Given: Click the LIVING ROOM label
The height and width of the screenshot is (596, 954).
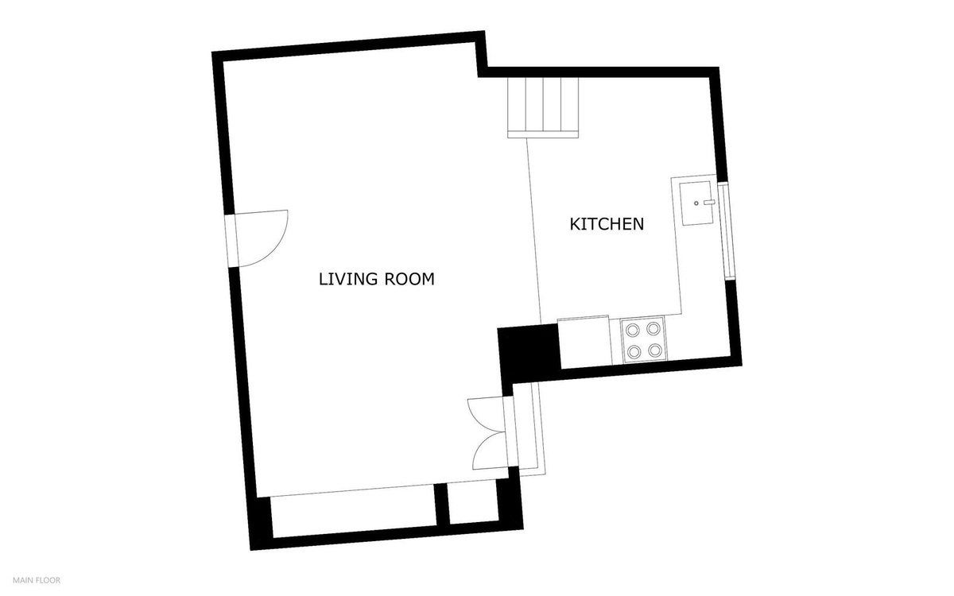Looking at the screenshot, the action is (x=377, y=279).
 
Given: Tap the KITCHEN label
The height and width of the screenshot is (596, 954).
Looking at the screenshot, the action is (x=607, y=224).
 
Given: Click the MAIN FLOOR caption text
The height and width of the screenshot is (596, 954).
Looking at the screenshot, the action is (x=37, y=580).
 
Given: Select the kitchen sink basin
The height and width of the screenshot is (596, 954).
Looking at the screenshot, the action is (x=696, y=203).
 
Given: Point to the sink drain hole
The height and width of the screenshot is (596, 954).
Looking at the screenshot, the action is (x=696, y=203).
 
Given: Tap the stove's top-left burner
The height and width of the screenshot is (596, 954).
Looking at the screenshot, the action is (x=633, y=330).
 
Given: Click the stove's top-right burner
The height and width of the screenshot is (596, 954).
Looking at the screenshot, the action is (x=653, y=329).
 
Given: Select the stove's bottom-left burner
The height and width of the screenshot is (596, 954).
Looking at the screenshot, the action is (x=634, y=351).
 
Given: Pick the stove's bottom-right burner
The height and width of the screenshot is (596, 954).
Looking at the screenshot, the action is (x=655, y=350).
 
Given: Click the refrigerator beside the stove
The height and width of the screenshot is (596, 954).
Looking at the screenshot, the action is (x=585, y=342).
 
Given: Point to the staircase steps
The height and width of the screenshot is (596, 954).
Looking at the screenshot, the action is (x=543, y=108).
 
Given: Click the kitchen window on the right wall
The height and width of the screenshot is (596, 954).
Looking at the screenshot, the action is (x=727, y=230).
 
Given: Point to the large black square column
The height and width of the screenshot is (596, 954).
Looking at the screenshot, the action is (x=529, y=351).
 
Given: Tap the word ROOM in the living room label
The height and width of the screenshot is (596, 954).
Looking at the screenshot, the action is (x=409, y=279).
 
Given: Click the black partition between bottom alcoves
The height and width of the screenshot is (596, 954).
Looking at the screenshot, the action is (x=442, y=505).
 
